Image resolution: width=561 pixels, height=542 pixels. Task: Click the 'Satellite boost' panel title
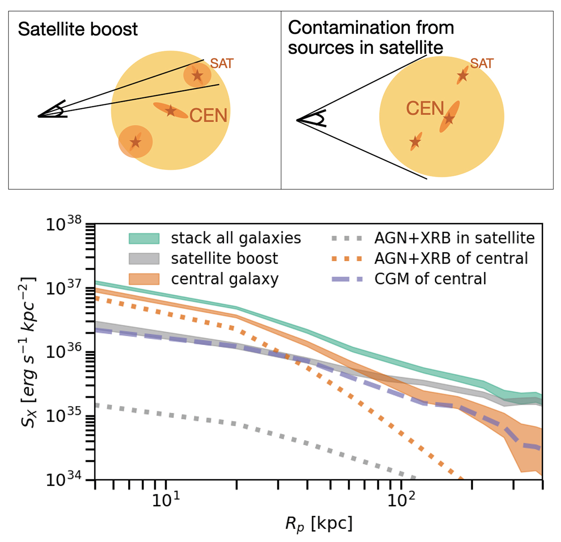click(x=78, y=29)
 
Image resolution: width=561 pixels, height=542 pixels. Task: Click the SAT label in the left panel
click(x=222, y=63)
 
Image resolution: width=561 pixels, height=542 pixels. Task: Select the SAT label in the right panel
click(x=482, y=63)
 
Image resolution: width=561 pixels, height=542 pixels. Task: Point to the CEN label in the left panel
click(x=208, y=115)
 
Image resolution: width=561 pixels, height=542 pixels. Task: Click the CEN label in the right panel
click(x=424, y=109)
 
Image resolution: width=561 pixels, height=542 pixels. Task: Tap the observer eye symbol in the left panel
click(x=54, y=111)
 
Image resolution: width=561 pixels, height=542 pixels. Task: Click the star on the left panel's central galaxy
click(x=171, y=111)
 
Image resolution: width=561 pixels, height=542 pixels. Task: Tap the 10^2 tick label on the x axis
click(x=401, y=502)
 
